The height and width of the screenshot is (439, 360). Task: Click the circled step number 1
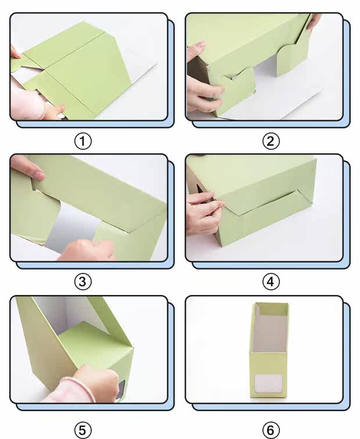[x=83, y=141]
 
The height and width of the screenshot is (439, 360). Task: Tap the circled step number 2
[x=271, y=141]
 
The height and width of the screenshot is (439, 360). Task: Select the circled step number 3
[x=83, y=282]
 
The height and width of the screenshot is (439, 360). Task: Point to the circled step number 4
[x=271, y=282]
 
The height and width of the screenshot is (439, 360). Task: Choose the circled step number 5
[x=83, y=430]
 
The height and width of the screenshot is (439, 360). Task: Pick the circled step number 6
[x=271, y=430]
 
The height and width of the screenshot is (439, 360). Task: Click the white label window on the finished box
[x=268, y=384]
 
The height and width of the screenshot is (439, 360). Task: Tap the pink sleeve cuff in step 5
[x=79, y=389]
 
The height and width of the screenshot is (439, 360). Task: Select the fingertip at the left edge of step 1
[x=15, y=53]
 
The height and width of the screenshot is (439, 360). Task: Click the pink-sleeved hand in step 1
[x=34, y=103]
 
